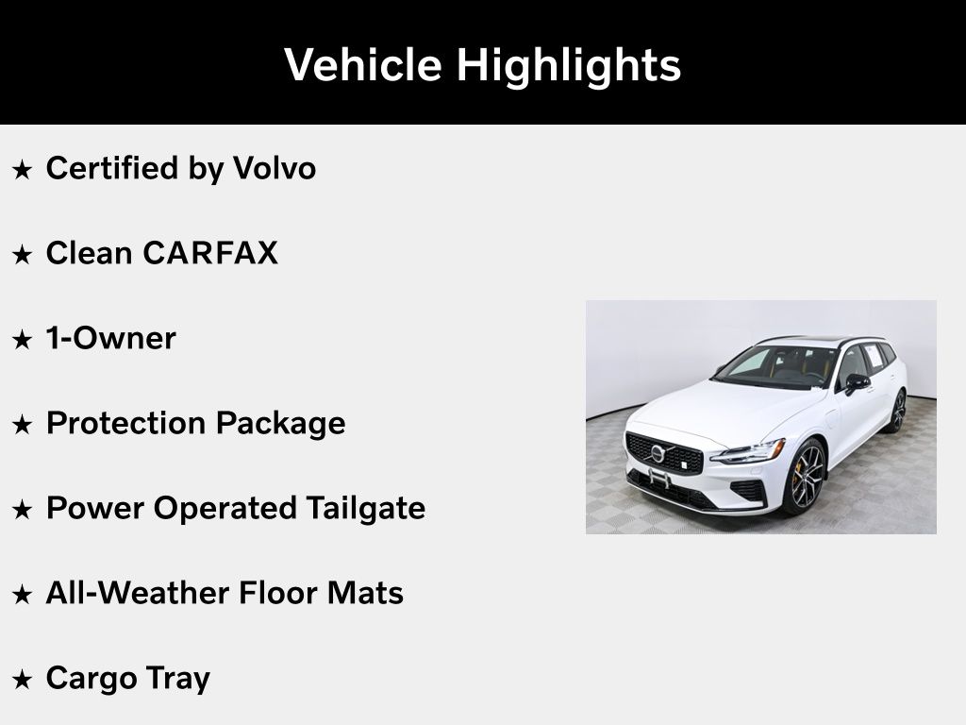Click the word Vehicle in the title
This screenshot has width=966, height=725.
(x=363, y=64)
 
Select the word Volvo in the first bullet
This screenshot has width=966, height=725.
(x=275, y=168)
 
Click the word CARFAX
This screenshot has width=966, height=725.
(x=210, y=253)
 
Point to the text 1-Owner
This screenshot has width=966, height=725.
(x=111, y=338)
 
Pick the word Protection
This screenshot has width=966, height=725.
(x=126, y=423)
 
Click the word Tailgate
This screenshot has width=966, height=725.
(x=365, y=509)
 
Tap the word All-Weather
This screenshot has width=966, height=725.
(x=138, y=593)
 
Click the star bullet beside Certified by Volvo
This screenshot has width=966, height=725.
(x=23, y=170)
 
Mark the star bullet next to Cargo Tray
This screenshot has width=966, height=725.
(x=23, y=680)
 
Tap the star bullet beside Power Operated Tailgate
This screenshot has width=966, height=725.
(x=23, y=510)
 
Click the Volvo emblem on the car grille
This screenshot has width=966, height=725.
(x=658, y=453)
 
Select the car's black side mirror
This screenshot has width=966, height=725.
(x=857, y=383)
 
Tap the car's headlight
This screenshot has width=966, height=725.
(x=747, y=452)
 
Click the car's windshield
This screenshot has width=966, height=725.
(x=776, y=366)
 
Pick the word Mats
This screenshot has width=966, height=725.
(x=365, y=593)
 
